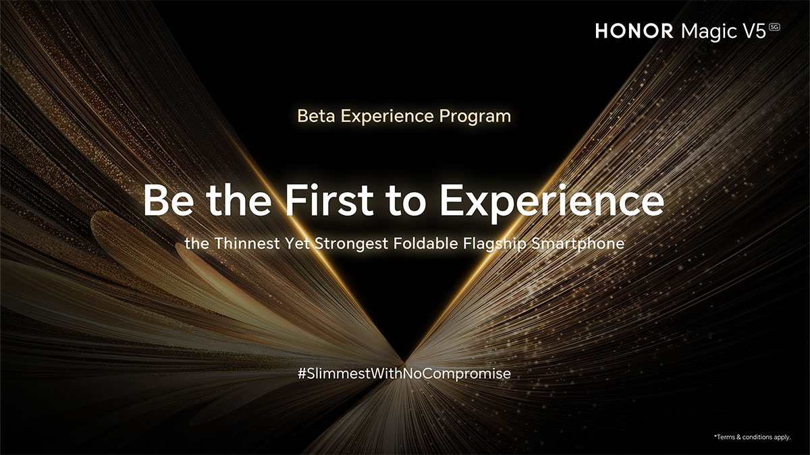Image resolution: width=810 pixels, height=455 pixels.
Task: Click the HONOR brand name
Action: pos(634,31)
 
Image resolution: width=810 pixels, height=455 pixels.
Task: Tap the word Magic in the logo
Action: pos(709,32)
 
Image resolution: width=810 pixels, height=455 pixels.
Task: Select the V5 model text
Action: pos(755,31)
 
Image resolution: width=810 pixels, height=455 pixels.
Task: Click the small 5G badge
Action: pos(774,27)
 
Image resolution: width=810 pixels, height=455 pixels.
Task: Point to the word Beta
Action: pos(316,116)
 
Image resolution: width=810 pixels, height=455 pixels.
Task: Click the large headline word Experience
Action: pos(552,202)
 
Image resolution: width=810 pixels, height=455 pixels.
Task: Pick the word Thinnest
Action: pos(247,243)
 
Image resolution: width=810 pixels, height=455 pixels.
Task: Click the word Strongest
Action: pos(351,244)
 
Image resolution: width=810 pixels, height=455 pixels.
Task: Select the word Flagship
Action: pos(495,244)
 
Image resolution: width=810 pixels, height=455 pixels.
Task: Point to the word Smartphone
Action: pos(578,244)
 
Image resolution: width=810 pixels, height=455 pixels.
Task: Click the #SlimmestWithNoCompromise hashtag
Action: pos(404,373)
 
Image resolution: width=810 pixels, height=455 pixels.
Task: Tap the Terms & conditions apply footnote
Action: pos(752,437)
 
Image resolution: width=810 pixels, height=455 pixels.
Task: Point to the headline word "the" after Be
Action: pos(239,200)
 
